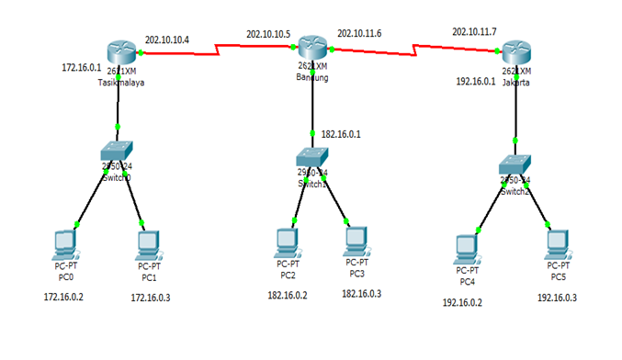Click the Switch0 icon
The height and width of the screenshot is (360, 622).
coord(118,152)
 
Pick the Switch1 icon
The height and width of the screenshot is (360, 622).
coord(312,159)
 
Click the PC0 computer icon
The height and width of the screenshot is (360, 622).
coord(64,245)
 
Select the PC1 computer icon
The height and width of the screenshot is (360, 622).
coord(148,245)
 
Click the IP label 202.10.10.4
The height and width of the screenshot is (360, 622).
coord(167,39)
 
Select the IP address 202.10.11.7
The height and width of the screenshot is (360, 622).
coord(474,32)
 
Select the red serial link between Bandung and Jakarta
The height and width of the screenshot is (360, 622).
coord(413,45)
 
